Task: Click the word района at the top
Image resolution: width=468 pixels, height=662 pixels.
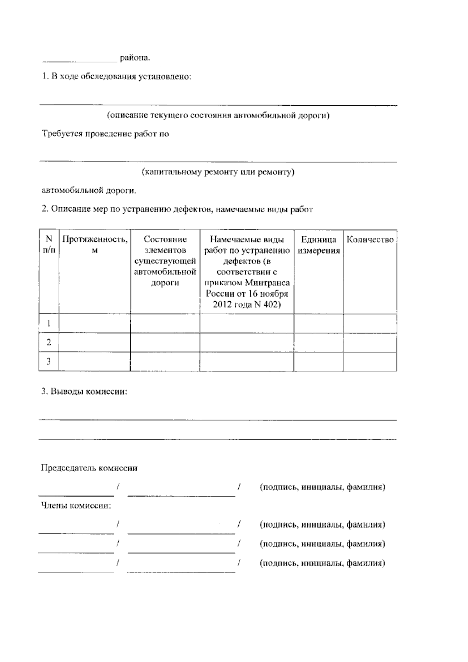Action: click(x=135, y=58)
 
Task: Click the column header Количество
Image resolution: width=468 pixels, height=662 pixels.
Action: click(x=370, y=240)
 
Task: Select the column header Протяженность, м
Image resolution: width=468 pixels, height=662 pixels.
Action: click(x=94, y=244)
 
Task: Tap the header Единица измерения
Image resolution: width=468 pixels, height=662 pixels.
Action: click(x=318, y=245)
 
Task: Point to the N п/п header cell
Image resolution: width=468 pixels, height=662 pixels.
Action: click(x=49, y=244)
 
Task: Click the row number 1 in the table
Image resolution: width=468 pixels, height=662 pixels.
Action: click(x=49, y=323)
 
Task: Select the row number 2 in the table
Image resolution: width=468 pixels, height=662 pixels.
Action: click(x=49, y=342)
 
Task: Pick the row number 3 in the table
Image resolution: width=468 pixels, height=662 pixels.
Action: click(x=49, y=361)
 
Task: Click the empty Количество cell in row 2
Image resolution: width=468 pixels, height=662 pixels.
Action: click(x=370, y=342)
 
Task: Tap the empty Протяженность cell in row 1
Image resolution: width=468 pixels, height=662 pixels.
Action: click(x=94, y=323)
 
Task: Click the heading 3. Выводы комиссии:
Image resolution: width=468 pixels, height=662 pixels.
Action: click(x=84, y=392)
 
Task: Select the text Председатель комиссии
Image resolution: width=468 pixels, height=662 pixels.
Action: click(x=89, y=468)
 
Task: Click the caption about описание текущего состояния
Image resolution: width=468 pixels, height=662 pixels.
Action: click(x=218, y=116)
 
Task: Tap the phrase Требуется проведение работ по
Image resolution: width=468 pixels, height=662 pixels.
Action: click(x=105, y=134)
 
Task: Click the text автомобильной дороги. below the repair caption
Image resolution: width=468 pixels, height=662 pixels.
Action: click(x=89, y=191)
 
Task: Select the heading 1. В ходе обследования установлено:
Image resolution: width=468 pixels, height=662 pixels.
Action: click(x=117, y=77)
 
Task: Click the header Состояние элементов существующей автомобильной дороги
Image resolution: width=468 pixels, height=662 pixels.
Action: click(x=165, y=261)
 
